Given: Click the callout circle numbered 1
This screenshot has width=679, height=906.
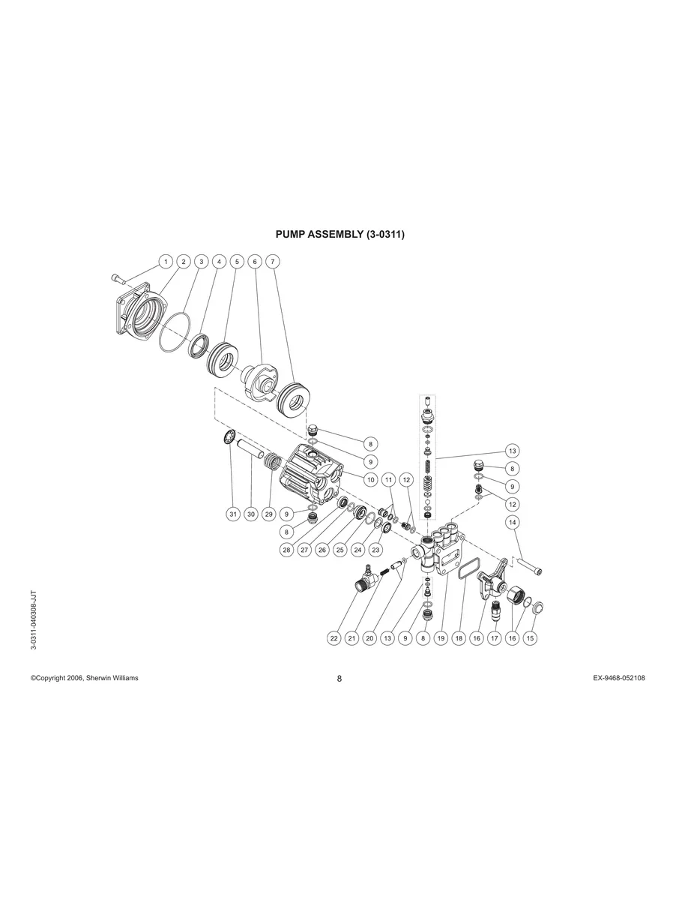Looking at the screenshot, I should click(165, 262).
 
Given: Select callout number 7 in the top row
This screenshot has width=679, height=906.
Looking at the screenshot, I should click(273, 262).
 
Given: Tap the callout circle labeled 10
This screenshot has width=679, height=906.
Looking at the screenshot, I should click(370, 478).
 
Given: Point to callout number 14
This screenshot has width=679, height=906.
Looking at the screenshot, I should click(513, 522).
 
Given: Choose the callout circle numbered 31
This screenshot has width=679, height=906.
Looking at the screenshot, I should click(233, 514).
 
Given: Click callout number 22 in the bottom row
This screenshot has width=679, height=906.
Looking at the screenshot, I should click(334, 638).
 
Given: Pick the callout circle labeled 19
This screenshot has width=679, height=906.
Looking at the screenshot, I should click(441, 638).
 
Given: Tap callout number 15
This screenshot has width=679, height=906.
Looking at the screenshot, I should click(531, 638).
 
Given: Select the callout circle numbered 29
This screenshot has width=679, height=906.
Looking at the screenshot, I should click(269, 514).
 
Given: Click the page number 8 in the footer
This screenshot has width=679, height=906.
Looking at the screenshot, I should click(339, 679).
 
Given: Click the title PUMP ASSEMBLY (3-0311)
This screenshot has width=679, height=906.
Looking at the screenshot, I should click(340, 235).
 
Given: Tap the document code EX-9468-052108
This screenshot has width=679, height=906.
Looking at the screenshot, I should click(618, 678).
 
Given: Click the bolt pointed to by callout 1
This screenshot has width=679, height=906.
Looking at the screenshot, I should click(118, 280).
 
